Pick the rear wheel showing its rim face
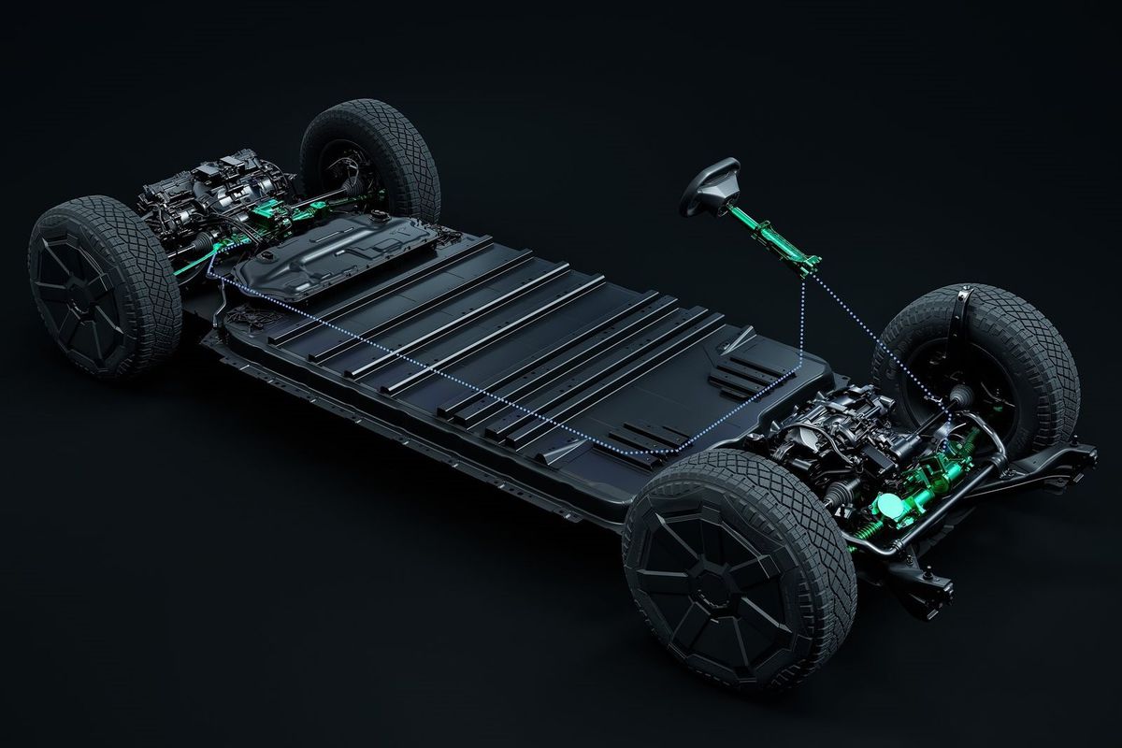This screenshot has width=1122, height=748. (103, 285)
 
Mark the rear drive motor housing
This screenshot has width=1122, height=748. (206, 192)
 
